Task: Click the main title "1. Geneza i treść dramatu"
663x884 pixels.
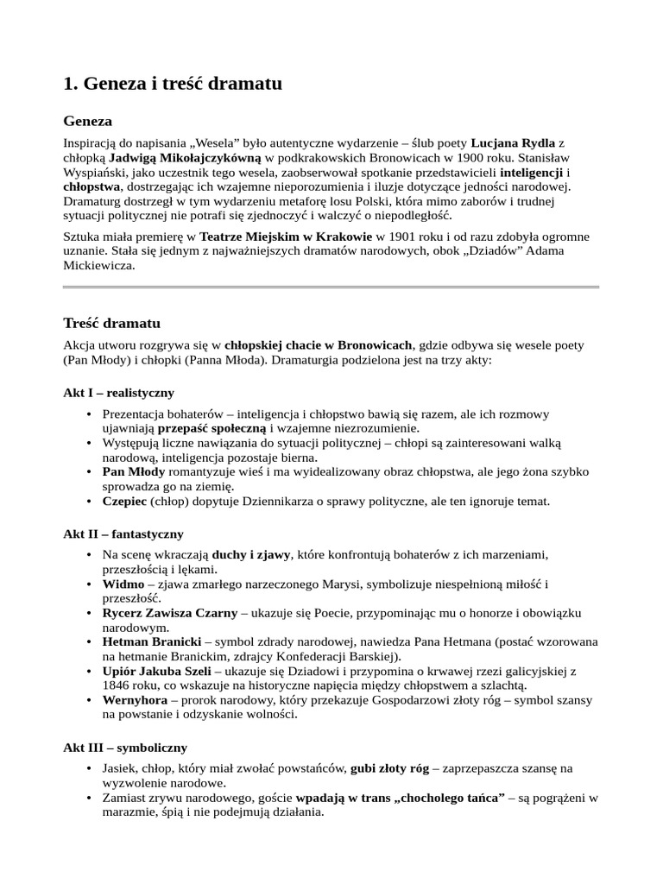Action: click(x=173, y=84)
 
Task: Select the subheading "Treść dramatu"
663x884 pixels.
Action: click(x=112, y=323)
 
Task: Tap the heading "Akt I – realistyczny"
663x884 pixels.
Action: click(x=119, y=392)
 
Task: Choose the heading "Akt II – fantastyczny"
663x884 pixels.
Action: click(x=123, y=534)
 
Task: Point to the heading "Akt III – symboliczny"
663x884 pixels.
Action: click(x=125, y=747)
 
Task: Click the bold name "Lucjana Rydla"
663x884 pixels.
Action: click(x=513, y=142)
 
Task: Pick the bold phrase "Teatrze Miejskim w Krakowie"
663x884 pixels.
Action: click(x=287, y=236)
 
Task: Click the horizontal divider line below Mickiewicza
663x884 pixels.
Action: click(x=331, y=287)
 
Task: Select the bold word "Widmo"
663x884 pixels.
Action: click(x=123, y=584)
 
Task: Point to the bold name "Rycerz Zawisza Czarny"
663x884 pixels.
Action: click(x=169, y=613)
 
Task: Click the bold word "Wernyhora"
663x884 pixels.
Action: click(x=135, y=700)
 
